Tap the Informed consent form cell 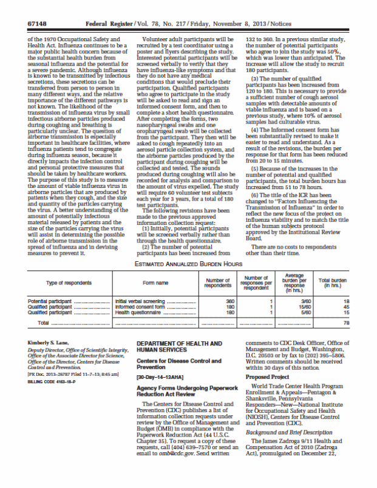(x=141, y=307)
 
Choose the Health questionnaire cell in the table (x=140, y=312)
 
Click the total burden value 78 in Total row (x=346, y=323)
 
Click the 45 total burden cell (x=346, y=307)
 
